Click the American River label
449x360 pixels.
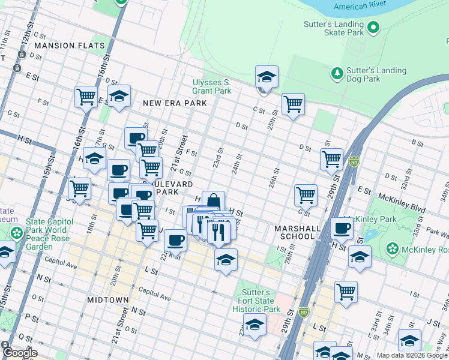tap(360, 7)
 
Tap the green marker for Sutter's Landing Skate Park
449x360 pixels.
tap(373, 27)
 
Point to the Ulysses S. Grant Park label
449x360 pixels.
tap(211, 86)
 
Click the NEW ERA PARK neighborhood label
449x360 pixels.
tap(175, 103)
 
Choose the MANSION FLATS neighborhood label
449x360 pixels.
tap(70, 46)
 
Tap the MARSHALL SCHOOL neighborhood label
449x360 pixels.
tap(294, 232)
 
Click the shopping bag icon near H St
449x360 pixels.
tap(214, 201)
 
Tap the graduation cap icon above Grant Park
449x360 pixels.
tap(267, 76)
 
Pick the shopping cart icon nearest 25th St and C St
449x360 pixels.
tap(293, 104)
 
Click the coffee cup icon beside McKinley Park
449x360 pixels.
tap(342, 228)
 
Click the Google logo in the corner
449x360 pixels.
tap(20, 353)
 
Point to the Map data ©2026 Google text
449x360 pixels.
tap(412, 355)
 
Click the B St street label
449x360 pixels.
tap(418, 142)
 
